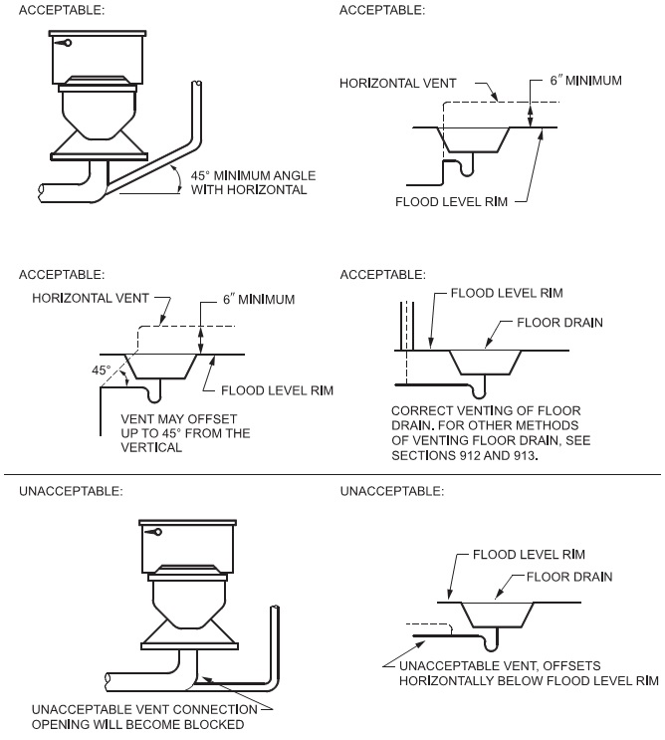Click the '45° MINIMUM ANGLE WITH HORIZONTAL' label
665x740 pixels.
click(249, 181)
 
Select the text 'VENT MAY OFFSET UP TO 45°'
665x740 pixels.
click(185, 426)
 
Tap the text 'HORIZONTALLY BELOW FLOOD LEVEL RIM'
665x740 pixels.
click(529, 681)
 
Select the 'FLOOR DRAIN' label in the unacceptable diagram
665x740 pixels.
click(568, 576)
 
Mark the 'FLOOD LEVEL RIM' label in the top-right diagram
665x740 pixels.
click(451, 200)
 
